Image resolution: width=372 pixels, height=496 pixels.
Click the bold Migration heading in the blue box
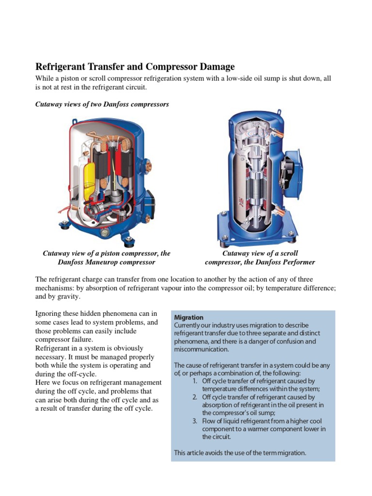[x=188, y=317]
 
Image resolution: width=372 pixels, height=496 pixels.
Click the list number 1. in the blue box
[x=194, y=381]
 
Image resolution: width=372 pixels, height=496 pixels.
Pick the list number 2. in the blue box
[x=194, y=397]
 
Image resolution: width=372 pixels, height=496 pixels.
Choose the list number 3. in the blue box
[x=194, y=421]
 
